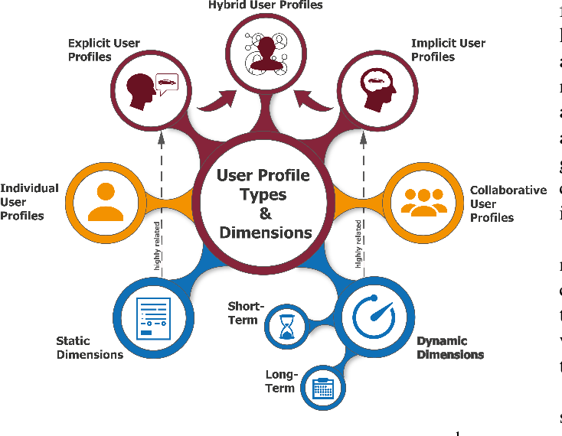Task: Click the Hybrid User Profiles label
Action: point(266,5)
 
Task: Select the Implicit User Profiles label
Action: point(448,50)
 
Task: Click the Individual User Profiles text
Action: point(29,202)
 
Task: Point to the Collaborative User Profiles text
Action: point(508,203)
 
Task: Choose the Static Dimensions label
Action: point(89,347)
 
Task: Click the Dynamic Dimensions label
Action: point(449,347)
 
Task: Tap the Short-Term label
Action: point(245,313)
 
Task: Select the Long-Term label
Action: point(280,381)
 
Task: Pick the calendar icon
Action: point(323,388)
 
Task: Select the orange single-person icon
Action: point(106,201)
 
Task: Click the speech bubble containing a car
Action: point(167,80)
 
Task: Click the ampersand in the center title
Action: point(265,213)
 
